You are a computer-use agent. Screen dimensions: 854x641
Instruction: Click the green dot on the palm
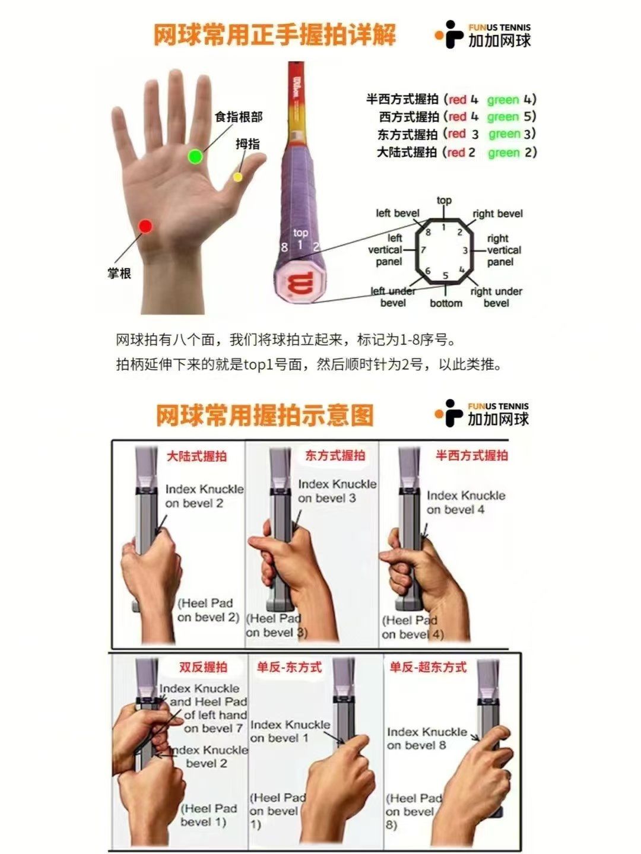click(195, 157)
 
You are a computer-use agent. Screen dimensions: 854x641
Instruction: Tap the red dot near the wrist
click(145, 226)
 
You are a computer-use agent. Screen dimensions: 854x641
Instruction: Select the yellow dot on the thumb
click(237, 176)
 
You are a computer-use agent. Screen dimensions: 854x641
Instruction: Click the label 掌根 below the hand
click(119, 274)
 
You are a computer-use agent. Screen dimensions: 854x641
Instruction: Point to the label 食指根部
click(239, 117)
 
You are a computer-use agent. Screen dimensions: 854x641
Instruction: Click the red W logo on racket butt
click(297, 284)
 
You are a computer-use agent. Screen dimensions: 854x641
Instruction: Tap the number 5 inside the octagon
click(445, 276)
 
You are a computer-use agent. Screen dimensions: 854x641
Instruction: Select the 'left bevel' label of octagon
click(397, 213)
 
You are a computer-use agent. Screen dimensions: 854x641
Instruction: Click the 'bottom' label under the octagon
click(446, 303)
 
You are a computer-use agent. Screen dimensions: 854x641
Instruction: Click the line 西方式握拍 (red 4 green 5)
click(457, 117)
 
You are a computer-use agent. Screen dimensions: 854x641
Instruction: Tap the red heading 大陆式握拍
click(196, 456)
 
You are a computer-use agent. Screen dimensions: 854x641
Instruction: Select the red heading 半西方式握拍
click(472, 456)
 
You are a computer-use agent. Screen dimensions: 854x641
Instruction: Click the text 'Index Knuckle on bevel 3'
click(337, 491)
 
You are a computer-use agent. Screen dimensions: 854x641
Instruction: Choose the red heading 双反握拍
click(203, 667)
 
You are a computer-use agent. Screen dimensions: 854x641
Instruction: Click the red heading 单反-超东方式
click(428, 667)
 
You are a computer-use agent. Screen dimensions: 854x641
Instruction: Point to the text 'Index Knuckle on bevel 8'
click(426, 738)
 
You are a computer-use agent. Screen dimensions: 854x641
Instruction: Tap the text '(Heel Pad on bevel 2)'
click(208, 610)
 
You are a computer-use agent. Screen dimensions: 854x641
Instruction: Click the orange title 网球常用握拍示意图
click(265, 415)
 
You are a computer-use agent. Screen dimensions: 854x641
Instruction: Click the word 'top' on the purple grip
click(300, 233)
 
